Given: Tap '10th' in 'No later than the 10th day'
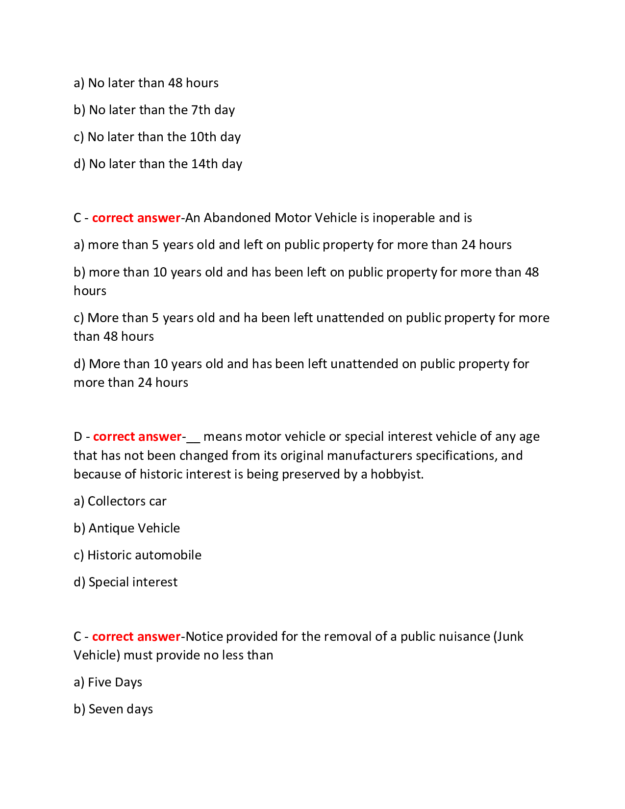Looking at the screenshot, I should (203, 137).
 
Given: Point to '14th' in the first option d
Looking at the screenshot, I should (204, 164).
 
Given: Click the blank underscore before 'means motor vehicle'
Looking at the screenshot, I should (193, 437).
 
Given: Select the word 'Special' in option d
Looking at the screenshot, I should (109, 582).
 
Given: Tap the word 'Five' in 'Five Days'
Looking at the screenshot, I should (100, 682).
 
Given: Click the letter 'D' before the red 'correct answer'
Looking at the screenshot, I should (78, 436).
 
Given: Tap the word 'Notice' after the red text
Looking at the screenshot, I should (204, 636).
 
